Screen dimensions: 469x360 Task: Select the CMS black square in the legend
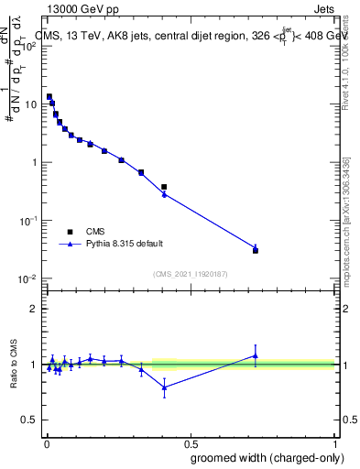[70, 232]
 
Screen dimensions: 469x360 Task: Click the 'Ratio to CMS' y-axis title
[14, 365]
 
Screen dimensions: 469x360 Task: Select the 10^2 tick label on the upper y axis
[29, 46]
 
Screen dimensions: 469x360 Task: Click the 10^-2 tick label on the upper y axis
[29, 278]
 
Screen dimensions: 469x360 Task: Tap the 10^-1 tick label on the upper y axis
[29, 221]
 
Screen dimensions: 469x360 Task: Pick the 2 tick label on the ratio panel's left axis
[34, 308]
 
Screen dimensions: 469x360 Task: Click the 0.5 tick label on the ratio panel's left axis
[29, 420]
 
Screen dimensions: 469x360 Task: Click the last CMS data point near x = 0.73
[256, 250]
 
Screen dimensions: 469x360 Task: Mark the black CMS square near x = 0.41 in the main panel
[164, 187]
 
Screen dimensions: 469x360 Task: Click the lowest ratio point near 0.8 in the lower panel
[164, 387]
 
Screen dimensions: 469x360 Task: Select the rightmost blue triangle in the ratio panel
[256, 355]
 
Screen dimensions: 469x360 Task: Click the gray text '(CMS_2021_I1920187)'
[190, 274]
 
